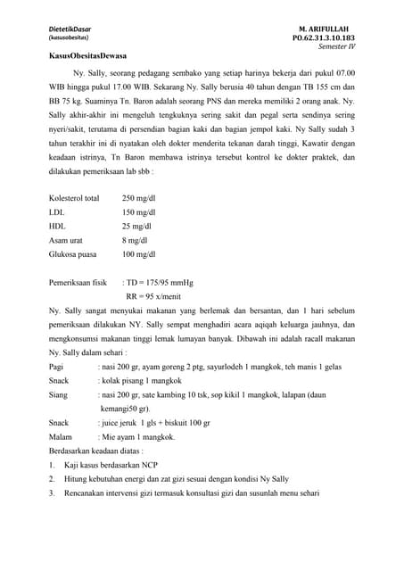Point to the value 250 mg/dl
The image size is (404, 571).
(x=140, y=198)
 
